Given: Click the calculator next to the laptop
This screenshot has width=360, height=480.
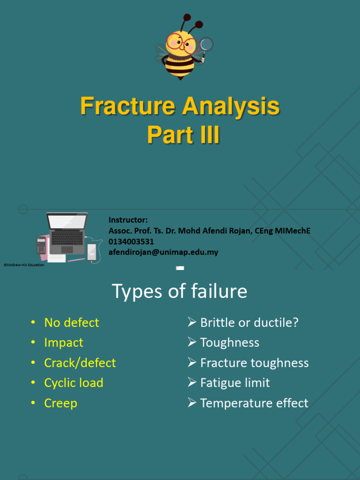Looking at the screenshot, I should pos(41,246).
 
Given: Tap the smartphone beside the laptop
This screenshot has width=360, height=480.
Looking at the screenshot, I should pos(92,252).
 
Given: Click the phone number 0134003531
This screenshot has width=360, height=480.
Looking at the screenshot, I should pos(131,241).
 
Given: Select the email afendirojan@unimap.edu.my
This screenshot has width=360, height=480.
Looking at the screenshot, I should pos(163,252).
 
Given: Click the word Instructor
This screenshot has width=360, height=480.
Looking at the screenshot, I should pos(128,220).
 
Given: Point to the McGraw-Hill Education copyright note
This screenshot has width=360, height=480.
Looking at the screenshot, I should pos(24,265).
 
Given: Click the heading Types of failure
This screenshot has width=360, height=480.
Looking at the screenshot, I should pos(180,292).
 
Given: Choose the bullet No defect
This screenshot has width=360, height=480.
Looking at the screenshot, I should pos(71,322).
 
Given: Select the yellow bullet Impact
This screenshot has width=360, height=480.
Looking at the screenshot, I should pos(63,343).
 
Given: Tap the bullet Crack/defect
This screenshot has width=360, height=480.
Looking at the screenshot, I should pos(80,363).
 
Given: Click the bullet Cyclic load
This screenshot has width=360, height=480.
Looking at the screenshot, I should pos(74,383).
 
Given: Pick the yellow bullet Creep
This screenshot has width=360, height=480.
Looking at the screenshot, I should pos(60,403).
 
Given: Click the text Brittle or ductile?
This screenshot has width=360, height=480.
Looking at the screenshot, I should pos(249,322).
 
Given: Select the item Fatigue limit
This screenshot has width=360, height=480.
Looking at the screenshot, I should pos(234,383).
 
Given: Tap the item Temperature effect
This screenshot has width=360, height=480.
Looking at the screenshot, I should pos(254,403).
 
